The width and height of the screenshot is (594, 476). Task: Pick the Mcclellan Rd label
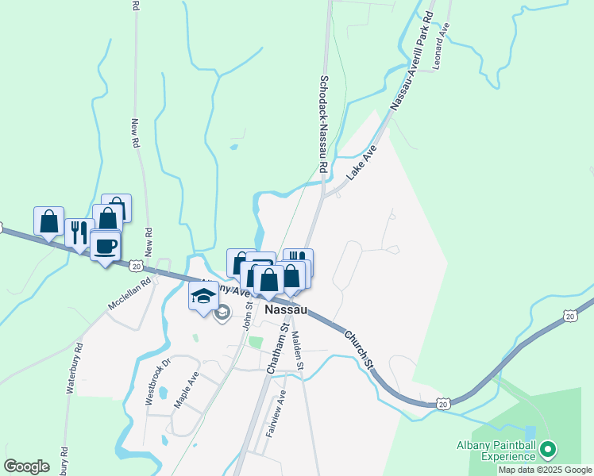click(129, 294)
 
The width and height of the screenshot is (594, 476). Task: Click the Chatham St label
click(276, 351)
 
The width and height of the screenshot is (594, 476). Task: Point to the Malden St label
click(299, 349)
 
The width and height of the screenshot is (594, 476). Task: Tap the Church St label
click(358, 348)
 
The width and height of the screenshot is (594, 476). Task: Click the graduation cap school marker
click(203, 297)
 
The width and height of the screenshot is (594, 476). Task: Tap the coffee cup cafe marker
click(105, 245)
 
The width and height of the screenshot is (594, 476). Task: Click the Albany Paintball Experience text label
click(496, 450)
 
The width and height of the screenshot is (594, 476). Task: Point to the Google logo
click(26, 466)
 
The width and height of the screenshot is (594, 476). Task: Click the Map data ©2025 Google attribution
click(545, 470)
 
